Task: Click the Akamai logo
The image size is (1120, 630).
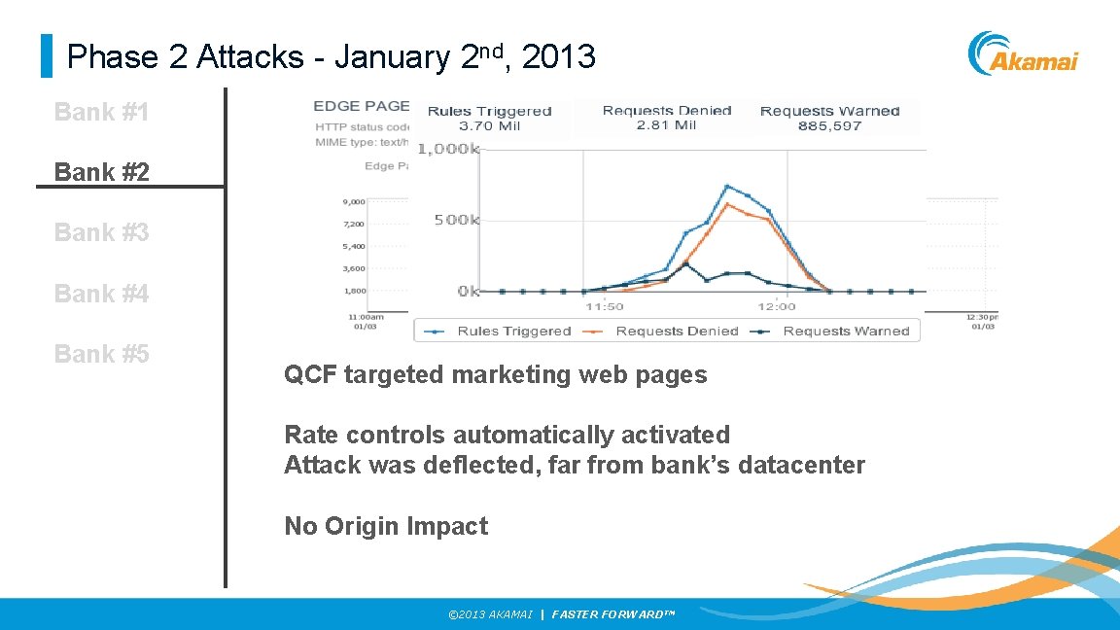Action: click(1023, 54)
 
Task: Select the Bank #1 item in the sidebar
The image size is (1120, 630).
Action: click(101, 113)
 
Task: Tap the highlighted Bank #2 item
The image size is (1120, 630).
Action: click(101, 172)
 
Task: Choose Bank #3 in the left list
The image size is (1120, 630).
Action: click(101, 232)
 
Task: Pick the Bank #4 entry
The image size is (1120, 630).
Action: click(101, 293)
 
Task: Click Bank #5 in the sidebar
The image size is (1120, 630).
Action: click(101, 354)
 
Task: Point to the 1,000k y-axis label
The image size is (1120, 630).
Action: click(449, 149)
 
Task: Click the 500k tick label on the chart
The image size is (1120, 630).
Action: click(456, 220)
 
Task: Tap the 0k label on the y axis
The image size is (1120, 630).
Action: click(469, 291)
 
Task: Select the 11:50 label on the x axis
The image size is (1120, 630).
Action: click(604, 307)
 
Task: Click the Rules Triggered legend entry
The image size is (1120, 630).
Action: click(504, 332)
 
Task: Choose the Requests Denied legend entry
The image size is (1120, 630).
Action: click(666, 332)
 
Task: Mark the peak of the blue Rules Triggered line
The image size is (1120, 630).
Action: click(727, 186)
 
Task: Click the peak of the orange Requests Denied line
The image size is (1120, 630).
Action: click(727, 203)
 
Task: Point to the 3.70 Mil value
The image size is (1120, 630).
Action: click(489, 125)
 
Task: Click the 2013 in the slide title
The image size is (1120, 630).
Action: click(558, 57)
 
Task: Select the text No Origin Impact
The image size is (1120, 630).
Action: click(386, 527)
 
